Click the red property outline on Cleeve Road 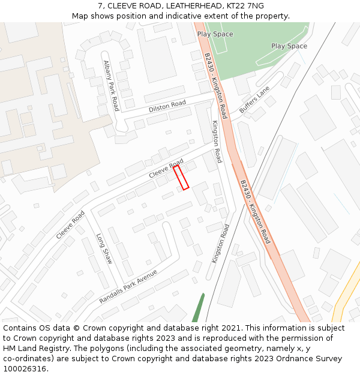point(181,178)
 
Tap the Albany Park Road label point(111,85)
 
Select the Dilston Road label point(167,107)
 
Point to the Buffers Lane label point(254,100)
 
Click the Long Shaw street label point(104,248)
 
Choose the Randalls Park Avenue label point(128,286)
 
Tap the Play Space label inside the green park point(215,34)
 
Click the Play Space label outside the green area point(289,46)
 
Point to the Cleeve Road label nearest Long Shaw point(70,225)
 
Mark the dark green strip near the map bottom point(197,307)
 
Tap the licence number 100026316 point(24,369)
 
